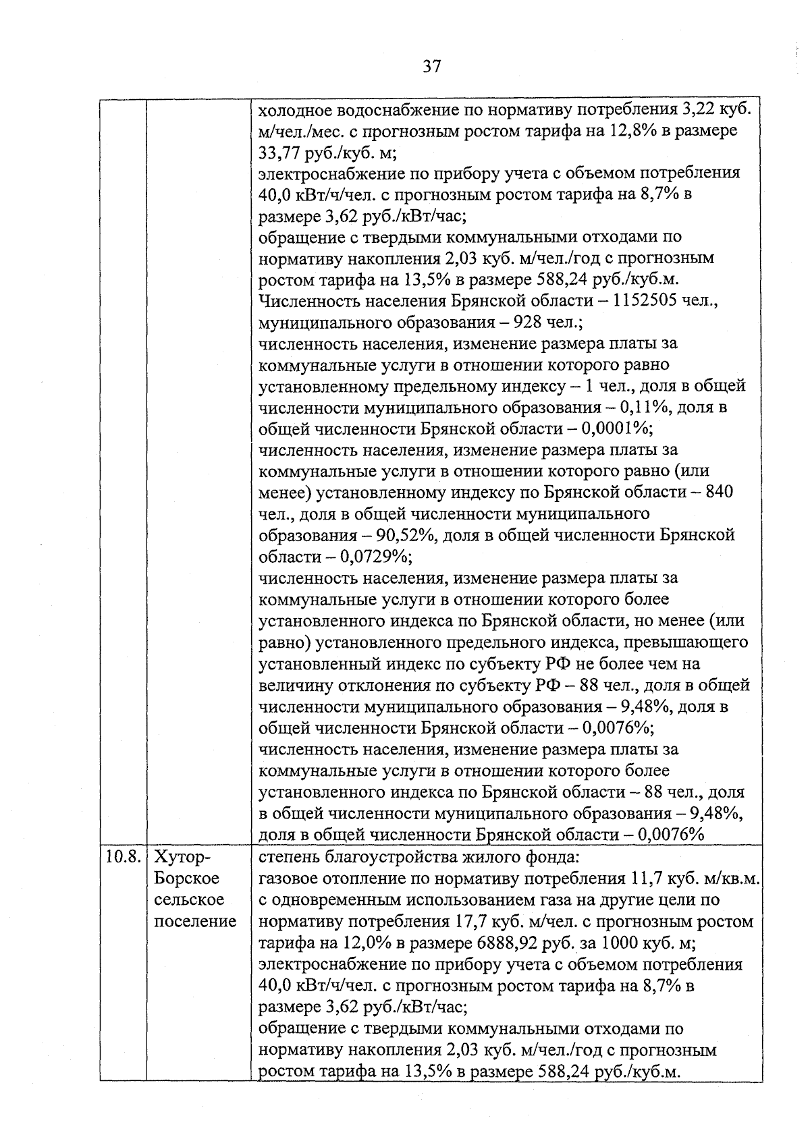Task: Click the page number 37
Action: click(x=431, y=66)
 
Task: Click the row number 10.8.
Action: click(x=123, y=858)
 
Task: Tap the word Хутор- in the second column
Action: click(x=182, y=858)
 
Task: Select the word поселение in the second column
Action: click(x=195, y=922)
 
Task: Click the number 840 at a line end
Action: click(x=719, y=493)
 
